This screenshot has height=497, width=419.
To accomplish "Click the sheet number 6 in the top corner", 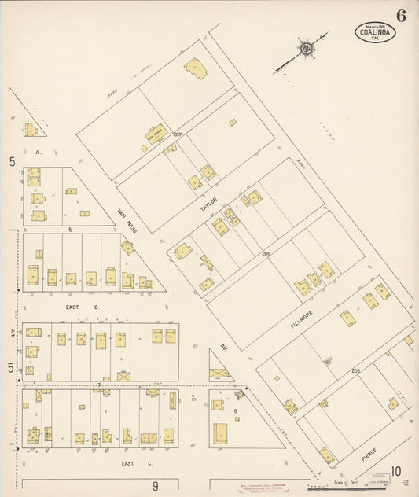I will [x=401, y=15].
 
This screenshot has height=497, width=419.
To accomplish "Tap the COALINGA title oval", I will [x=374, y=31].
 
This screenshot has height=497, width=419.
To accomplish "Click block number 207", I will [x=178, y=135].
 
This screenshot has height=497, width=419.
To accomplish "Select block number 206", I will [x=266, y=254].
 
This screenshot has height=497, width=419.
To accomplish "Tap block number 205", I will [x=355, y=370].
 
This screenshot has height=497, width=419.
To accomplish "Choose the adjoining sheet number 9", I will [x=155, y=485].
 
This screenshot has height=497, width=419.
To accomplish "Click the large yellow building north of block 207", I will [x=195, y=69].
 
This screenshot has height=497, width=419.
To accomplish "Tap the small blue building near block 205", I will [x=328, y=362].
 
